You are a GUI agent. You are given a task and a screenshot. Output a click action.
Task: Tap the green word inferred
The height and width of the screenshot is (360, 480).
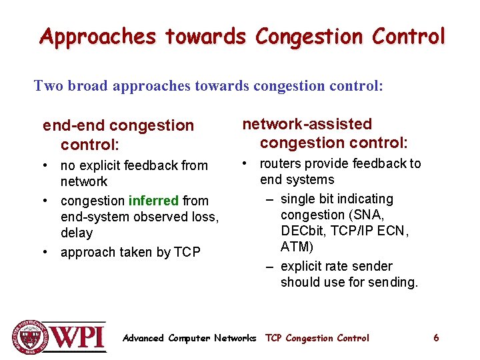coord(153,201)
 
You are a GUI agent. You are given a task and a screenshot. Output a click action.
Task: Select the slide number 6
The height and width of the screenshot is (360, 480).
coord(436,338)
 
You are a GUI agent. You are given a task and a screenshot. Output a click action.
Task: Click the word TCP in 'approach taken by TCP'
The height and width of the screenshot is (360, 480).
coord(187,252)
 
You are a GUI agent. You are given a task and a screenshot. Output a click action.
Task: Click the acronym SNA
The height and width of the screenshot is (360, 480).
coord(375,215)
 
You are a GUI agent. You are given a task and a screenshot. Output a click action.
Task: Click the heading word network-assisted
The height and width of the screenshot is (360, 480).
coord(307,124)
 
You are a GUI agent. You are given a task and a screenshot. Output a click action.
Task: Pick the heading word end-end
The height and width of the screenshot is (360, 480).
coord(73,125)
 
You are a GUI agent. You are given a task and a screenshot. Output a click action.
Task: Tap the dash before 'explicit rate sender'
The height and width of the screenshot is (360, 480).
coord(269,266)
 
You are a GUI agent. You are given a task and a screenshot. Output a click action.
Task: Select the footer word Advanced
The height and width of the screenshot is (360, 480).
coord(143,338)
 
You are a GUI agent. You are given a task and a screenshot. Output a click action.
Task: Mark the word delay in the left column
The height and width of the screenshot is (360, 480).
coord(77,233)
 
